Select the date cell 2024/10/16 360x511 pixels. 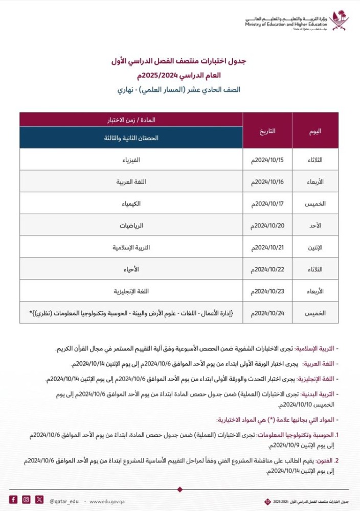pyautogui.click(x=267, y=181)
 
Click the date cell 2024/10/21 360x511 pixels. pyautogui.click(x=267, y=247)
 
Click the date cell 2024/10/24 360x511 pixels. pyautogui.click(x=267, y=313)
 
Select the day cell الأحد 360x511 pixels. pyautogui.click(x=315, y=225)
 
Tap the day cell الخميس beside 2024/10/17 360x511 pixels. pyautogui.click(x=315, y=203)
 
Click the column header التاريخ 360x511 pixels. pyautogui.click(x=267, y=131)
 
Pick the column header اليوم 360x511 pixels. pyautogui.click(x=315, y=131)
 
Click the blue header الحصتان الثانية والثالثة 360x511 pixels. pyautogui.click(x=131, y=138)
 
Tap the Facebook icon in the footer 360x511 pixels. pyautogui.click(x=13, y=499)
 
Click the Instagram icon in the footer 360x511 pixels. pyautogui.click(x=26, y=499)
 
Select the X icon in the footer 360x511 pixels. pyautogui.click(x=39, y=499)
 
